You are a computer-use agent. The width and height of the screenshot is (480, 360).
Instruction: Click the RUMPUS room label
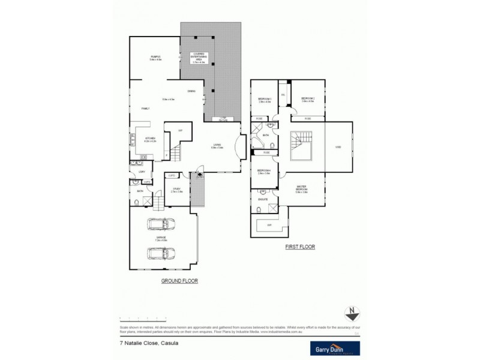tap(155, 58)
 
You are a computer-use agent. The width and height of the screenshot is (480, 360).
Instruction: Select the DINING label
tap(191, 91)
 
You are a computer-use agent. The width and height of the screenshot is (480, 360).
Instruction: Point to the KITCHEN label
tap(150, 140)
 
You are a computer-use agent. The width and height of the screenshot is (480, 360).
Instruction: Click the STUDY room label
tap(176, 190)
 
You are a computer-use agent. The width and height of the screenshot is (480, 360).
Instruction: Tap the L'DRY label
tap(142, 173)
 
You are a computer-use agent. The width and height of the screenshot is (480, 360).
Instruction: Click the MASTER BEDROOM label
tap(301, 189)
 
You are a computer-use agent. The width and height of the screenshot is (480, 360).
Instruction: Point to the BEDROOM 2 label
tap(308, 100)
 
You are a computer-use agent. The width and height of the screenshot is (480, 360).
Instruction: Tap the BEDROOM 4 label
tap(265, 172)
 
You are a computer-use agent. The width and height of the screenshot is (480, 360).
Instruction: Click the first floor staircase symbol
tap(299, 143)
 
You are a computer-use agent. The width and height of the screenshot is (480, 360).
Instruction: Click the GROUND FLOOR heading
tap(179, 281)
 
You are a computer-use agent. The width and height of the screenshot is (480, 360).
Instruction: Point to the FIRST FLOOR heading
tap(301, 247)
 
